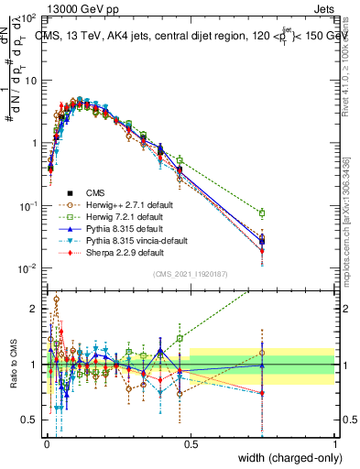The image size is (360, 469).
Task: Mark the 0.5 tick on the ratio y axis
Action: click(x=30, y=420)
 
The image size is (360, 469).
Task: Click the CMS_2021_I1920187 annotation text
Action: click(x=190, y=273)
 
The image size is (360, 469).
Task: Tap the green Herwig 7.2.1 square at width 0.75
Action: click(x=263, y=213)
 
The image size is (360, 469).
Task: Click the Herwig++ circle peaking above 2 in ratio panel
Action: click(x=57, y=300)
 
